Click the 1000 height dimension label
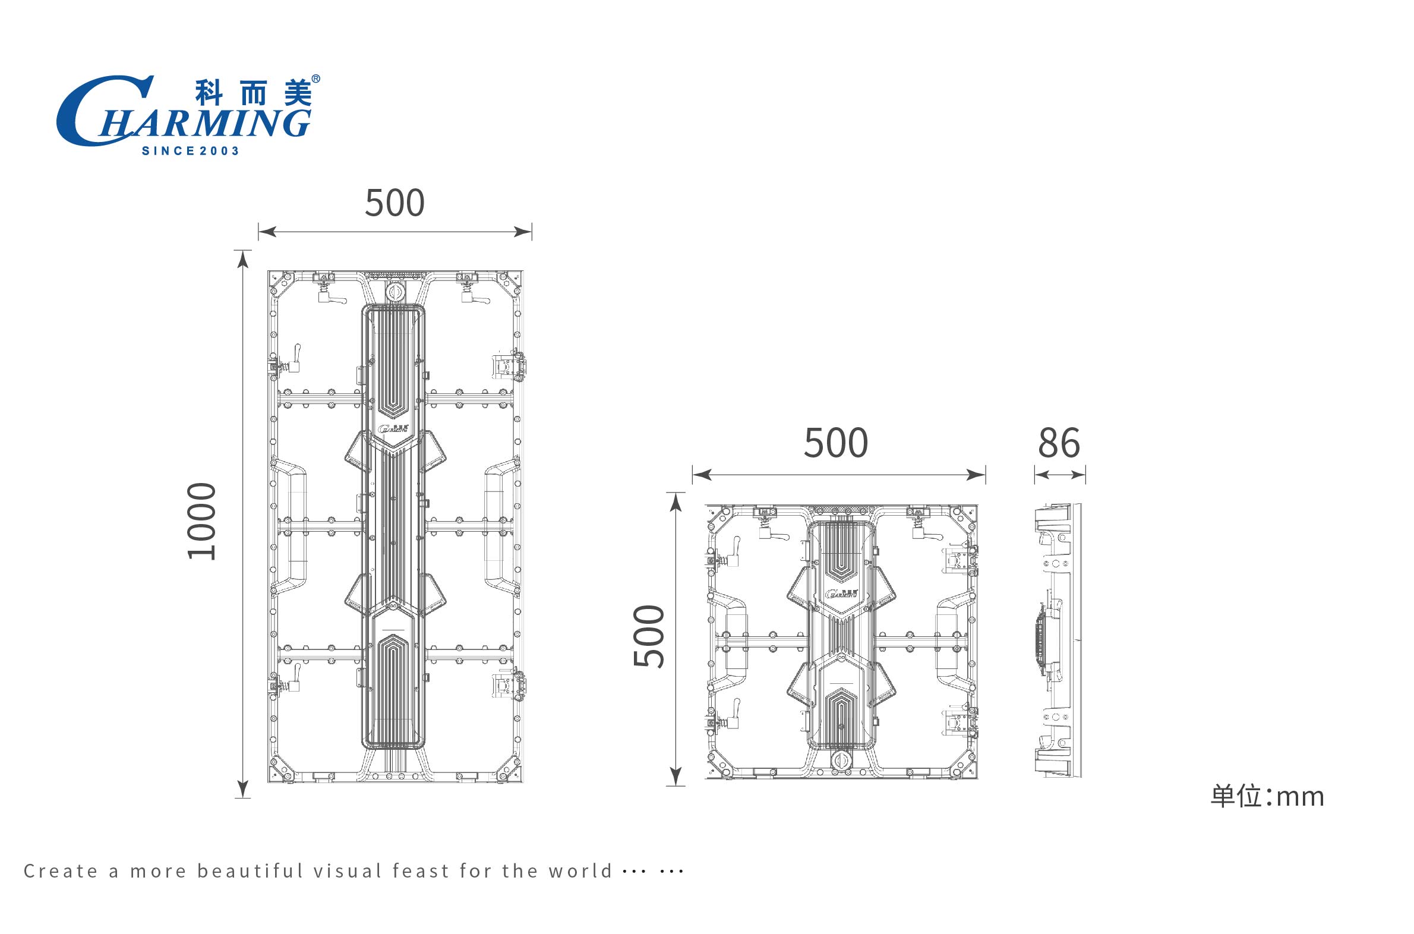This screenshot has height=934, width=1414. pos(201,521)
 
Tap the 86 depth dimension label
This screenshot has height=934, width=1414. pos(1059,443)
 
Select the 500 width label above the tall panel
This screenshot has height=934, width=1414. pos(395,203)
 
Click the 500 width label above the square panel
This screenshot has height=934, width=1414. pos(837,443)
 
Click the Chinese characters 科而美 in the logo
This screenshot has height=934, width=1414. pos(254,93)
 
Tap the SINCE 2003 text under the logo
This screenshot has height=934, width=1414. pos(191,152)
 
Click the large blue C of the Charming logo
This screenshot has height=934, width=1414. pos(98,110)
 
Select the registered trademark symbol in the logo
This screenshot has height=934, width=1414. pos(315,78)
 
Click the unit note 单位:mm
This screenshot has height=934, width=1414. pos(1267,796)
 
